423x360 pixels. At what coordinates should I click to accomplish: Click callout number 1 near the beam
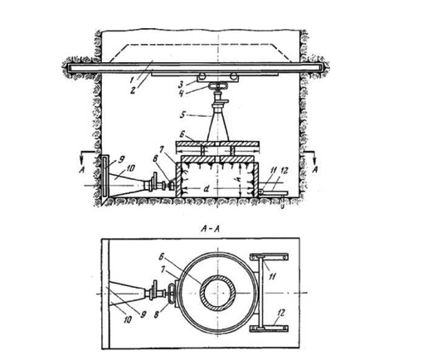[x=133, y=80]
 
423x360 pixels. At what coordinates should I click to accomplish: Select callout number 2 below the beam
[x=133, y=90]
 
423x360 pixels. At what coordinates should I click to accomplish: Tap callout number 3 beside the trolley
[x=181, y=85]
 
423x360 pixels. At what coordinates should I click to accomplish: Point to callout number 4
[x=181, y=93]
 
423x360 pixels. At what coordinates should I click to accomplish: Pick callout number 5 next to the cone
[x=182, y=114]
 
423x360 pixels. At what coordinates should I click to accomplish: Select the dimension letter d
[x=206, y=189]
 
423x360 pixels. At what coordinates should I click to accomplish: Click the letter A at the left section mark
[x=81, y=170]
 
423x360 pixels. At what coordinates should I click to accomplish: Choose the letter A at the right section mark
[x=315, y=169]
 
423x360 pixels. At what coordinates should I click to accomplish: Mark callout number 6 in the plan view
[x=161, y=258]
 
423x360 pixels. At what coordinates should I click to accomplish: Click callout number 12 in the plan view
[x=281, y=314]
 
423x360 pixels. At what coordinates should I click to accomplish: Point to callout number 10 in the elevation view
[x=130, y=168]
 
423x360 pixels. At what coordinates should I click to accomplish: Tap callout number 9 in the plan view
[x=143, y=315]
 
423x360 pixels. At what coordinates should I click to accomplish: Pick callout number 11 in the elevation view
[x=273, y=172]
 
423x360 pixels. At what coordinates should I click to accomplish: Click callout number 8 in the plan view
[x=157, y=315]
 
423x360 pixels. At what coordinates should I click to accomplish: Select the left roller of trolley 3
[x=203, y=75]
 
